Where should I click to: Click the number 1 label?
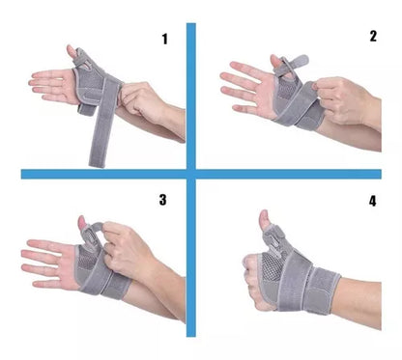[164, 40]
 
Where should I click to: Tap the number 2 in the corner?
[373, 37]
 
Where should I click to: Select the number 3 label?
[163, 201]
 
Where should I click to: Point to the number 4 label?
[373, 202]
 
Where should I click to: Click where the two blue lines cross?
[190, 174]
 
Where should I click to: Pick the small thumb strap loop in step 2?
[280, 65]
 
